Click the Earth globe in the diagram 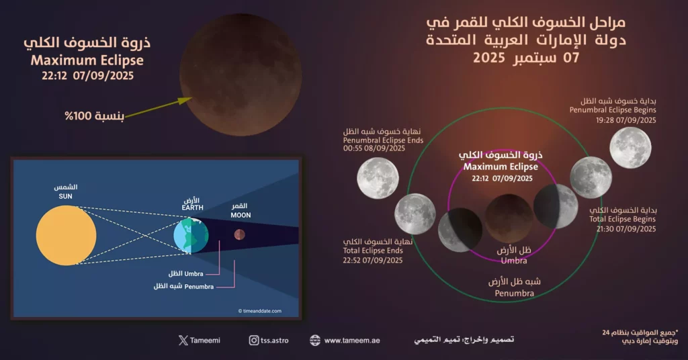click(191, 235)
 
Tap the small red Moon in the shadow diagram click(239, 234)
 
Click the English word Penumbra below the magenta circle click(514, 294)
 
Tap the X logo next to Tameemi click(183, 341)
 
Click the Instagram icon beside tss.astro click(254, 341)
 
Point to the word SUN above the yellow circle click(65, 196)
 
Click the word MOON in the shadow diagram click(241, 215)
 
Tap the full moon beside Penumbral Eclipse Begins click(630, 148)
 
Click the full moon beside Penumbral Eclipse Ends click(378, 178)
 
